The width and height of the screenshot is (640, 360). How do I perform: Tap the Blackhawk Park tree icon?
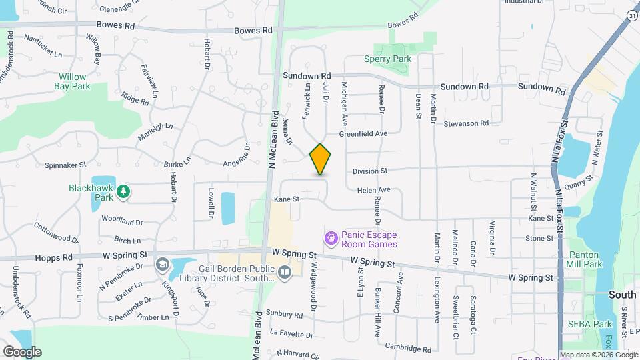[x=123, y=193]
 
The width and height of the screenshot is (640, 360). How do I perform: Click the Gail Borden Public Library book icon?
[x=285, y=272]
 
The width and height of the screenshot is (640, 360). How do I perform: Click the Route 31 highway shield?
[x=633, y=15]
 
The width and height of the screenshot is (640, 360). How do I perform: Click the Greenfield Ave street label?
[x=363, y=134]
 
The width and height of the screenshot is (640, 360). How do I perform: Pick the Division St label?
[x=371, y=171]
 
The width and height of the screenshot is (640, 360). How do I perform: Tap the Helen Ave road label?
[x=373, y=190]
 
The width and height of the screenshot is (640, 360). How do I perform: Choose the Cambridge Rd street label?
[x=408, y=348]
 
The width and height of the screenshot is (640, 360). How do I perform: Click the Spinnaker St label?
[x=66, y=165]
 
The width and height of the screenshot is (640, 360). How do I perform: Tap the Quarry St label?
[x=578, y=182]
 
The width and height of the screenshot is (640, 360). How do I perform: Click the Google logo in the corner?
[x=22, y=351]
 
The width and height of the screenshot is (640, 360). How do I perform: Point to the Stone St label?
[x=539, y=238]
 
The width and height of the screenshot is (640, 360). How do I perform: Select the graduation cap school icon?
[x=162, y=265]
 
